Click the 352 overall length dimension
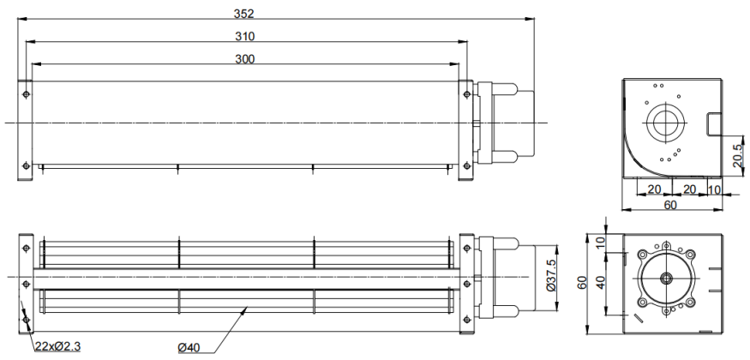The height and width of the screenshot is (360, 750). (x=244, y=14)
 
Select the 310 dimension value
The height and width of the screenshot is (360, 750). (x=245, y=36)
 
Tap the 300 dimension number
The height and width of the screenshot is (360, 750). (x=245, y=59)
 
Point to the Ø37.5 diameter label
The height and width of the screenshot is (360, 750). (x=550, y=276)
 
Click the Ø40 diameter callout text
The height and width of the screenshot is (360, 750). (x=189, y=347)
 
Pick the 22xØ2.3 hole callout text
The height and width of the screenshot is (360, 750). (x=57, y=346)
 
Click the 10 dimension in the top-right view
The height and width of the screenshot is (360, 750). (x=714, y=189)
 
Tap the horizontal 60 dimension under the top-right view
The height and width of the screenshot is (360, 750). (x=671, y=205)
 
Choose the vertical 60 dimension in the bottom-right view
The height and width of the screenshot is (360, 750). (x=582, y=283)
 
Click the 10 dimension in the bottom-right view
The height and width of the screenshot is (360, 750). (x=601, y=243)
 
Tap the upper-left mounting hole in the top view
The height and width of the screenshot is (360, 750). (x=26, y=94)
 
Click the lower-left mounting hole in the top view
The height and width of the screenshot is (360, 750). (x=26, y=165)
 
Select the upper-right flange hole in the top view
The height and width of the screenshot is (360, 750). (x=467, y=94)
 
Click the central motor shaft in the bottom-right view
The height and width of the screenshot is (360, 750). (x=666, y=277)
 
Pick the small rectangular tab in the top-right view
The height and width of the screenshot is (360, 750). (x=714, y=123)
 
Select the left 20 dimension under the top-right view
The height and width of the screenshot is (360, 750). (x=654, y=189)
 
